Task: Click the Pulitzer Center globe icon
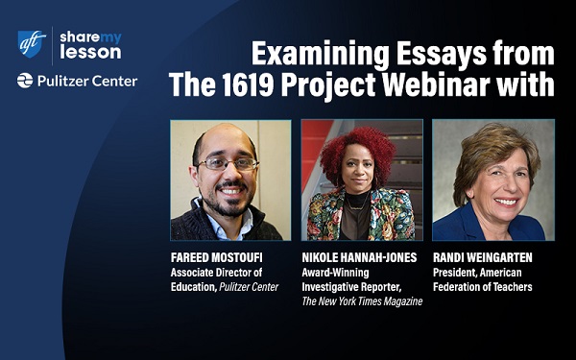(x=25, y=82)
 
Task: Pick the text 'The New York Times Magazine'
(x=363, y=301)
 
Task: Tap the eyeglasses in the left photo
(x=226, y=164)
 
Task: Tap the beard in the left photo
(x=228, y=200)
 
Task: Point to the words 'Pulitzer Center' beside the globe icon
(x=86, y=82)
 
